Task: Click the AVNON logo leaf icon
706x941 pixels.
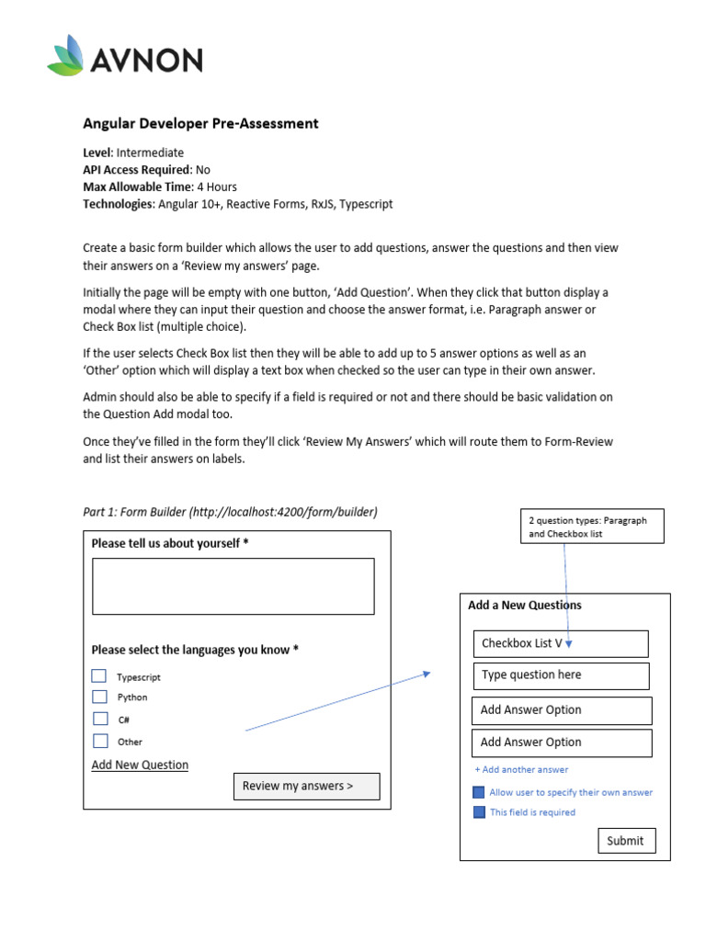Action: click(67, 57)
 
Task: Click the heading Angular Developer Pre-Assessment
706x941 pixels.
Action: click(200, 123)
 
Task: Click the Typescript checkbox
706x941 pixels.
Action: click(99, 675)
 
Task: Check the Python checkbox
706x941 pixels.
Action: click(99, 697)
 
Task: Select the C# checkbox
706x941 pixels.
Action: click(99, 719)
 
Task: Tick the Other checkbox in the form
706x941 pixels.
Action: click(99, 741)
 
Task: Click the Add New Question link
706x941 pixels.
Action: click(140, 765)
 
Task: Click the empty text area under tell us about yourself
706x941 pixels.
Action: click(233, 585)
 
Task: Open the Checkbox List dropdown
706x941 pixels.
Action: click(561, 643)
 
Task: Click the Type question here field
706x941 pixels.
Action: click(561, 675)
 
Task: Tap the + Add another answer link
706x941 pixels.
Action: click(521, 769)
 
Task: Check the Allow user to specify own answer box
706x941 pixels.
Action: click(478, 792)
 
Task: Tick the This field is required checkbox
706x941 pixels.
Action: click(478, 812)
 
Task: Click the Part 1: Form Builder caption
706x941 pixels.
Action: click(230, 512)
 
